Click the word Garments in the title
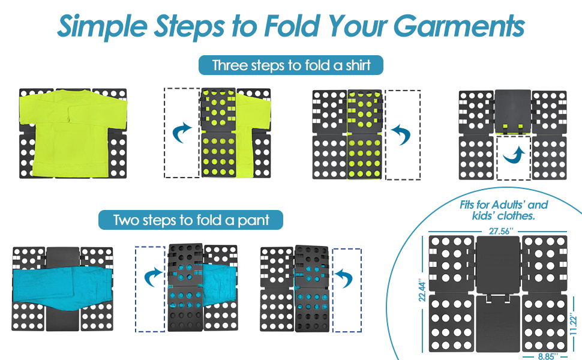pyautogui.click(x=459, y=27)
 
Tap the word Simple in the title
pyautogui.click(x=103, y=27)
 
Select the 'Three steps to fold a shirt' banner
pyautogui.click(x=291, y=65)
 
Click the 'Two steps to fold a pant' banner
pyautogui.click(x=191, y=220)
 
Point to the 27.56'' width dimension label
pyautogui.click(x=501, y=231)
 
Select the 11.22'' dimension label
pyautogui.click(x=574, y=325)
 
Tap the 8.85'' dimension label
pyautogui.click(x=547, y=356)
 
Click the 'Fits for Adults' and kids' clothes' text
pyautogui.click(x=503, y=210)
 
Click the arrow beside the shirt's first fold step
pyautogui.click(x=182, y=133)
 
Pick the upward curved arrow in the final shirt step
pyautogui.click(x=514, y=155)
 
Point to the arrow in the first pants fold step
pyautogui.click(x=153, y=278)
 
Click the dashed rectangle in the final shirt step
pyautogui.click(x=514, y=158)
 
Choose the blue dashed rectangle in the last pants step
pyautogui.click(x=347, y=290)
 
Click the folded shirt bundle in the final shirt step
pyautogui.click(x=513, y=112)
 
